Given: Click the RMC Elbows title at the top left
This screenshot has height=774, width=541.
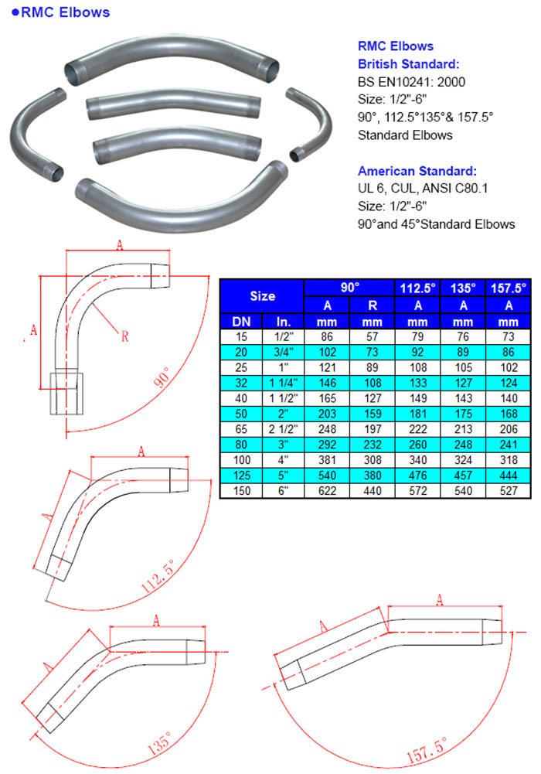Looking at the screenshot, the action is (60, 12).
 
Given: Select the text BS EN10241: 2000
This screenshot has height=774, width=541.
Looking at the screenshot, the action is (411, 82).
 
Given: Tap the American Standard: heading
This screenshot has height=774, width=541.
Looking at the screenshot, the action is (417, 171).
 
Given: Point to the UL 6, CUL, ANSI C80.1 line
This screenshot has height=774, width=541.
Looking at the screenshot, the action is (423, 188).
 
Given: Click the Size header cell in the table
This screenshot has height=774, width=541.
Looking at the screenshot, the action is (262, 296).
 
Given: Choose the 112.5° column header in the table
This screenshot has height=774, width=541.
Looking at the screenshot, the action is (417, 288).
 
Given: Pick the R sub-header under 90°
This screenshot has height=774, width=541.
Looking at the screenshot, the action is (373, 305).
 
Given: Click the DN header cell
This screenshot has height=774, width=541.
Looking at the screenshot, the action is (241, 322).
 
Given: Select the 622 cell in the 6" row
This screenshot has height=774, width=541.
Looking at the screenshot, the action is (327, 491).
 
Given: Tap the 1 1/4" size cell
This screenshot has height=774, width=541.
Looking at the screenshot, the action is (283, 383).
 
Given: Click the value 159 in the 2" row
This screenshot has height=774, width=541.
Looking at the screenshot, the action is (373, 414).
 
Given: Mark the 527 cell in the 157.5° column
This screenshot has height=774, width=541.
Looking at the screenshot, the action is (509, 491).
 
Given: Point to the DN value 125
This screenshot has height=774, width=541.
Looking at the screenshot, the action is (241, 476).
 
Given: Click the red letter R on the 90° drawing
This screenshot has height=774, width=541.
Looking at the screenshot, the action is (124, 336).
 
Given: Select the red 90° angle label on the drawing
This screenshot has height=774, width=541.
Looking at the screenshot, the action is (163, 377).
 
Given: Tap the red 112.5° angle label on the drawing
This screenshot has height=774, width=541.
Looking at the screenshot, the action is (158, 576).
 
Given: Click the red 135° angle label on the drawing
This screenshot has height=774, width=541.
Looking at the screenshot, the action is (160, 742).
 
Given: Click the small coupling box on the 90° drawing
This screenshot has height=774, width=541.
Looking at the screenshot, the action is (66, 394).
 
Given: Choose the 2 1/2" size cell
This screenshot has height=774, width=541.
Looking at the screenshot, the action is (283, 429).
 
